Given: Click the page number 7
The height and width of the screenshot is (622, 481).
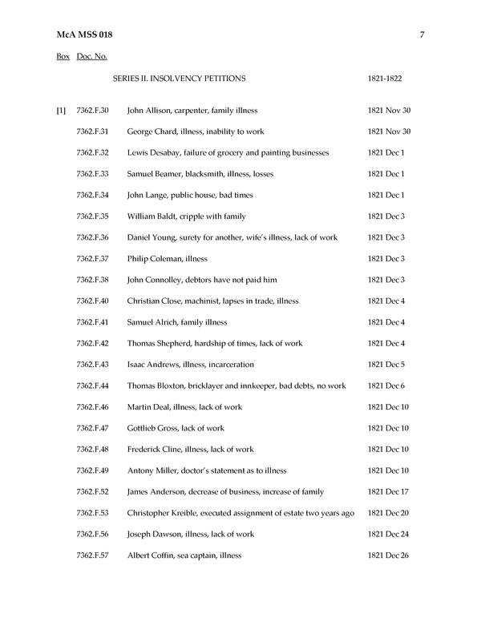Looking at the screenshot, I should click(422, 34).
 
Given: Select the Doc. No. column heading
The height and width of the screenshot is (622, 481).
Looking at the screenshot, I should click(92, 57).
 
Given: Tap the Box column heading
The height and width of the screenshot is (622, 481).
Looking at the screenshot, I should click(63, 57).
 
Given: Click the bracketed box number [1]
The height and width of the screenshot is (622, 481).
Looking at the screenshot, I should click(61, 110).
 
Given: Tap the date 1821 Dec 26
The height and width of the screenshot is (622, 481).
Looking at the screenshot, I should click(389, 555).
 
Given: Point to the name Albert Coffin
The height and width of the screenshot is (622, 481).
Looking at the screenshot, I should click(151, 555).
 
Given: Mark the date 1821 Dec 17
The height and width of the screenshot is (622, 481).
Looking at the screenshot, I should click(389, 491).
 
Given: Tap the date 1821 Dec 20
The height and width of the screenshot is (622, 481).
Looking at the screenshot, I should click(389, 513).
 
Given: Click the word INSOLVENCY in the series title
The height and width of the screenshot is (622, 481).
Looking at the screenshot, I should click(176, 79).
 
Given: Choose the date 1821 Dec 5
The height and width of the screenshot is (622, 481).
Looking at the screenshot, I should click(386, 365).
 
